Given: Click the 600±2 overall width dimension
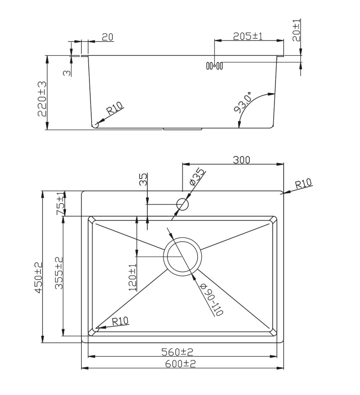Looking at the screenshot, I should click(x=180, y=363).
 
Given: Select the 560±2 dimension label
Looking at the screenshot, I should click(x=177, y=352).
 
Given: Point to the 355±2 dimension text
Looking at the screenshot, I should click(x=59, y=273).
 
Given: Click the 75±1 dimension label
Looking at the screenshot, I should click(x=60, y=203).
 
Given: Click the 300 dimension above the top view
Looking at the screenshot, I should click(x=241, y=160).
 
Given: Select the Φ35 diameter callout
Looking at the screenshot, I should click(x=196, y=176).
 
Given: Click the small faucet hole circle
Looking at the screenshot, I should click(x=182, y=204).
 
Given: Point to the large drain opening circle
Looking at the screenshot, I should click(x=182, y=256).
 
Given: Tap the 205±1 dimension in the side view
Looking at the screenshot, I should click(x=247, y=36).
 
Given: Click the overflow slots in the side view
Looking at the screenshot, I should click(x=214, y=66).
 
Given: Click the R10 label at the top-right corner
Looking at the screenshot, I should click(x=303, y=183).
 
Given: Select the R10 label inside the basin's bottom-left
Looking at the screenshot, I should click(x=120, y=321).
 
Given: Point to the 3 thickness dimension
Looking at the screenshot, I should click(x=66, y=72).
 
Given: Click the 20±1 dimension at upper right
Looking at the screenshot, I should click(x=297, y=30).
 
